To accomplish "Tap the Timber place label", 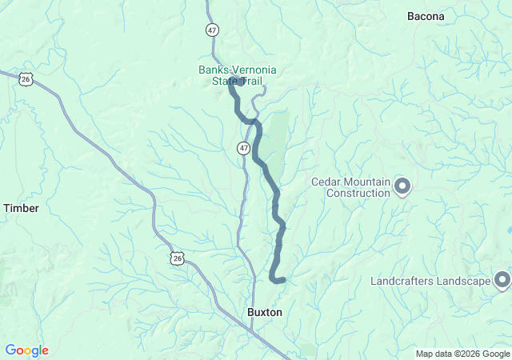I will pos(21,208).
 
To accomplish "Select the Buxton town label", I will pos(264,312).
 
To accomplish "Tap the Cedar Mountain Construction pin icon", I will pos(402,187).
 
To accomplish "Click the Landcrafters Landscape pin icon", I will pos(502,280).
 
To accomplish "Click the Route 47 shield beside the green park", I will pos(243,148).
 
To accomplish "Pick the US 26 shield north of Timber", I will pos(26,79).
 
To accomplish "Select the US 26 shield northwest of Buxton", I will pos(177,258).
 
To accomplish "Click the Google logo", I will pos(26,350).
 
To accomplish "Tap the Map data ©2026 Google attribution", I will pos(462,354).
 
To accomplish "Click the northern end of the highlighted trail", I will pos(231,84).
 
